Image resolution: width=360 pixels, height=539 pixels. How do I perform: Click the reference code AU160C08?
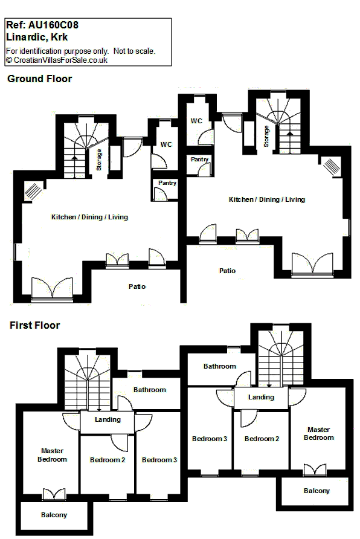[53, 25]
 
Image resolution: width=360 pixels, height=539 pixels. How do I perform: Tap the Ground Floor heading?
[39, 79]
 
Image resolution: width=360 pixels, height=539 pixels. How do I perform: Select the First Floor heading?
[34, 325]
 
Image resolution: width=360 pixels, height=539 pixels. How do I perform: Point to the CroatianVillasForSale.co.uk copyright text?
[57, 60]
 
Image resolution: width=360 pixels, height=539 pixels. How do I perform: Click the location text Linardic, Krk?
[37, 37]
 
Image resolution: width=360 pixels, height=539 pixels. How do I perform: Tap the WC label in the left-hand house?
[166, 144]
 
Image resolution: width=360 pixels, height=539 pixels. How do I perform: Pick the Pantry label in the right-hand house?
[199, 159]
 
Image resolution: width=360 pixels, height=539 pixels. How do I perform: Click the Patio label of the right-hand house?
[227, 271]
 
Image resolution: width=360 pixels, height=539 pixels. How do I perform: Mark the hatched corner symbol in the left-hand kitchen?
[33, 191]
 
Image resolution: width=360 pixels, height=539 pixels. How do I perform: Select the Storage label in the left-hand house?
[99, 160]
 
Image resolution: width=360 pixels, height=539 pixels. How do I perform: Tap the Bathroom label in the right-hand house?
[220, 366]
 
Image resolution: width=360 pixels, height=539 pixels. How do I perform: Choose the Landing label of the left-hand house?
[108, 420]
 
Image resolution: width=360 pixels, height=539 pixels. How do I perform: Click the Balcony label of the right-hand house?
[317, 491]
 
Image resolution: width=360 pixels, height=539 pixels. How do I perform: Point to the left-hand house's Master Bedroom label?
[52, 455]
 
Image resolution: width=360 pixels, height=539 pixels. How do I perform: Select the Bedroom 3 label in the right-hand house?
[210, 439]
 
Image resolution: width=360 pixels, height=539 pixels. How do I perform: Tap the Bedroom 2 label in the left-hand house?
[108, 460]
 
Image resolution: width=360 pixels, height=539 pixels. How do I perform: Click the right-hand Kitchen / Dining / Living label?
[267, 199]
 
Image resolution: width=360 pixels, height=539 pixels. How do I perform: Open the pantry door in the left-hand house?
[159, 195]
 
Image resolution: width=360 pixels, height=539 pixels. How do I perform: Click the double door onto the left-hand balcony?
[54, 494]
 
